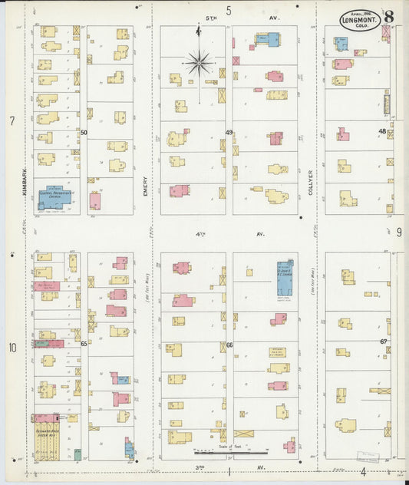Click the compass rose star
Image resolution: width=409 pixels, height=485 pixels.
pyautogui.click(x=199, y=61)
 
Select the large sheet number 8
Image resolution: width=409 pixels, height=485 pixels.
pyautogui.click(x=390, y=17)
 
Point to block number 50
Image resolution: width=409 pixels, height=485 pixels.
pyautogui.click(x=84, y=133)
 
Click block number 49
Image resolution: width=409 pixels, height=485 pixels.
pyautogui.click(x=229, y=133)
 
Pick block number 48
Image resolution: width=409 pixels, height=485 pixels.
pyautogui.click(x=381, y=131)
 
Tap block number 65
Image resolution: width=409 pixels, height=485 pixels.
pyautogui.click(x=84, y=344)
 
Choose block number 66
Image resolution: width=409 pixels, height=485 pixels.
pyautogui.click(x=229, y=345)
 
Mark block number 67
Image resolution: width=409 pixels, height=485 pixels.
pyautogui.click(x=383, y=341)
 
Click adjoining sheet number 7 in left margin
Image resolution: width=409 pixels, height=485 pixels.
pyautogui.click(x=12, y=121)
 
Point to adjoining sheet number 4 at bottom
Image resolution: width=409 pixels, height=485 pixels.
pyautogui.click(x=363, y=472)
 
